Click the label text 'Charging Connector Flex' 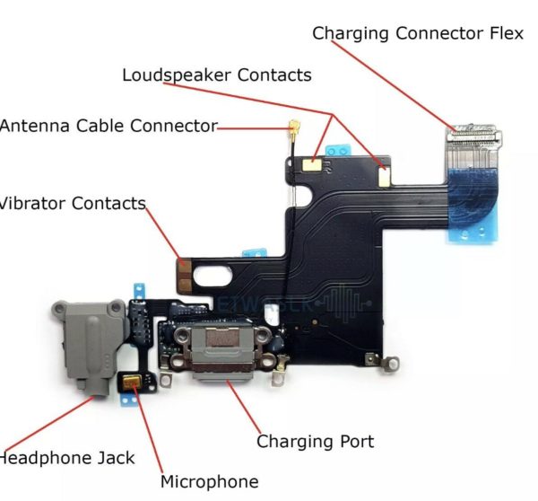417,34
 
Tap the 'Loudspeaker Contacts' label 217,75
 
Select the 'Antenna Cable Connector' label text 108,126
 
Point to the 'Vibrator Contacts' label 72,204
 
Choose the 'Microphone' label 209,482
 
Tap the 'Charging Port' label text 315,442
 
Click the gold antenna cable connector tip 292,124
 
